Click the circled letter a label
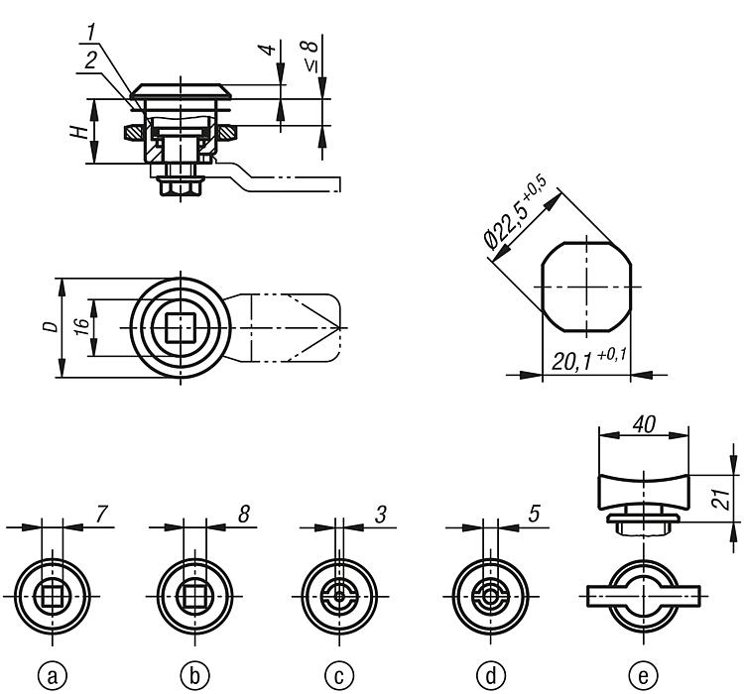point(53,675)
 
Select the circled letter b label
point(194,675)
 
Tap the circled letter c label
point(339,675)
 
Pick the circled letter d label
point(491,675)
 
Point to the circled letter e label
point(643,675)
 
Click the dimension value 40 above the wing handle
point(644,424)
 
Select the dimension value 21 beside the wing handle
point(723,499)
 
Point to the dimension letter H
point(80,132)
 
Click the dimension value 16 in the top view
point(82,327)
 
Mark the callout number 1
point(91,33)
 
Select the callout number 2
point(91,60)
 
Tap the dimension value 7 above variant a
point(101,514)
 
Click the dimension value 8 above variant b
point(244,514)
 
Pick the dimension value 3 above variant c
point(381,514)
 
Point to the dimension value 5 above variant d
point(534,514)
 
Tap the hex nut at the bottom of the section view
point(180,186)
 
